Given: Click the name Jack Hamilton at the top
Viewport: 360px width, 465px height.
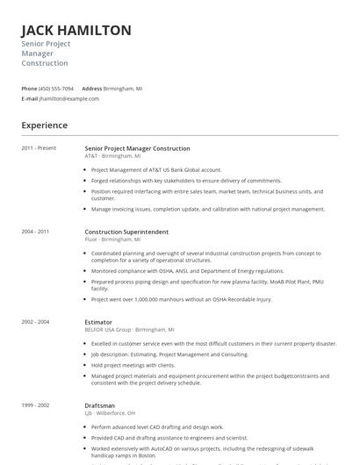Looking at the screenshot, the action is click(76, 30).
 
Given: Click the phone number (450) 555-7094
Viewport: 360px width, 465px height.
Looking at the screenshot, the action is click(56, 89).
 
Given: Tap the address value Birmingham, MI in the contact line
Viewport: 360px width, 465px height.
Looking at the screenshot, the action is click(123, 89).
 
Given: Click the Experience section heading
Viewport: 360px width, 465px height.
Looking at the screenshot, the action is click(45, 125).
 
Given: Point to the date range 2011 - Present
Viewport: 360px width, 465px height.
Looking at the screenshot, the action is click(39, 148).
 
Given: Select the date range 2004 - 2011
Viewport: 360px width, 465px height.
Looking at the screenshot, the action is click(36, 232).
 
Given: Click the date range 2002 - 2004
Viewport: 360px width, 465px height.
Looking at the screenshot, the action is click(36, 322).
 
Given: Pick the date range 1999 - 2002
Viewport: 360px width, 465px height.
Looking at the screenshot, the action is click(36, 405).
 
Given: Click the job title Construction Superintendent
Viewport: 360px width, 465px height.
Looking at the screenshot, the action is click(126, 232).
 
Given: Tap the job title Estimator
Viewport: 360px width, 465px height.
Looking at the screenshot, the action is click(98, 322).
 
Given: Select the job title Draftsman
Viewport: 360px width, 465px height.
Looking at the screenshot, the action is click(100, 405).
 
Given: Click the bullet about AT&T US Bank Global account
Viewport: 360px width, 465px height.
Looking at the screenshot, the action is click(156, 169).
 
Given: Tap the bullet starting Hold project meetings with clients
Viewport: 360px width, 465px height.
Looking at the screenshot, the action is click(133, 365).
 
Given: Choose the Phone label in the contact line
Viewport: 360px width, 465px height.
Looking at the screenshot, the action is click(29, 89).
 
